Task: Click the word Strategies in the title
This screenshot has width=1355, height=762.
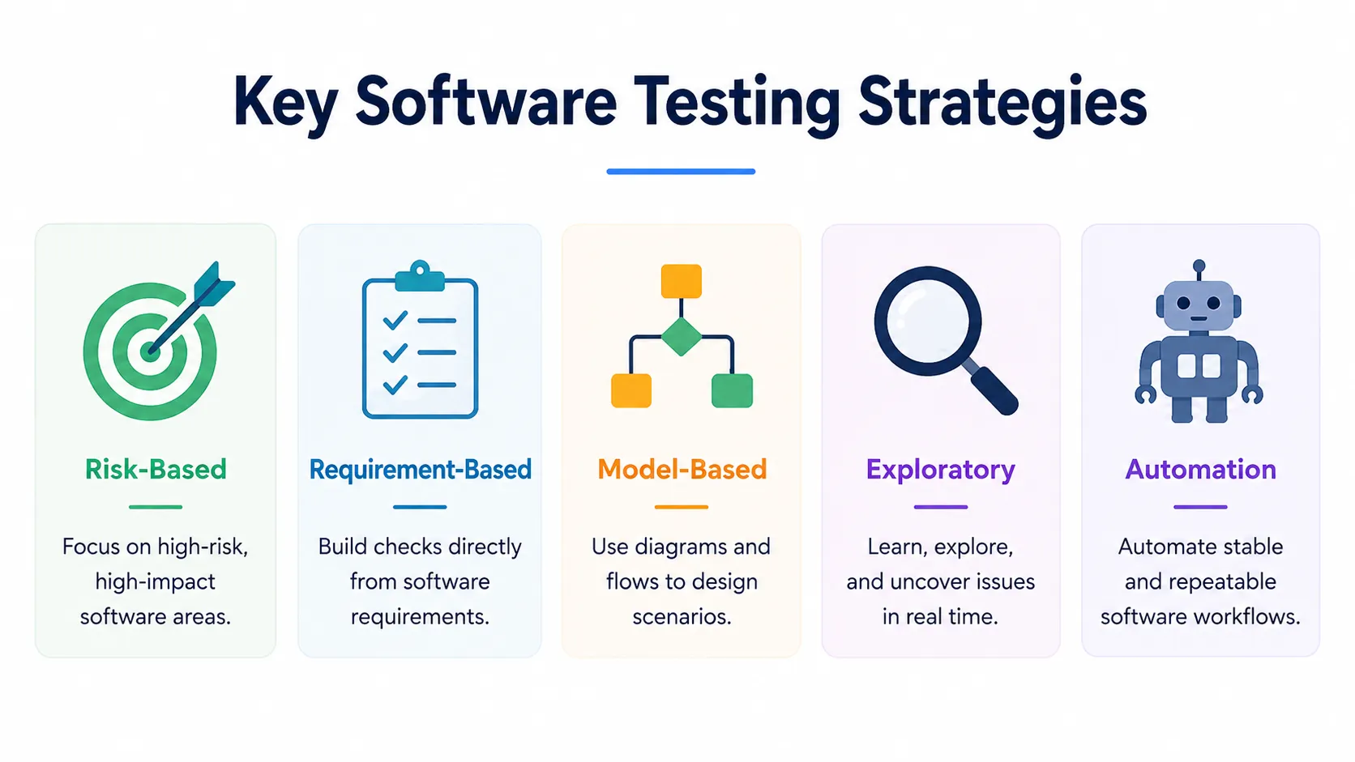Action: (1002, 103)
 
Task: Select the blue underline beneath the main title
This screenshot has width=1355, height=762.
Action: (681, 172)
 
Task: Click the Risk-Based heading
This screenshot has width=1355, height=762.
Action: (156, 470)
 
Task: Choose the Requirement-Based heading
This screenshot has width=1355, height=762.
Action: (420, 470)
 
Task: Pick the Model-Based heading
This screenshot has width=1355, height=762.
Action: (682, 470)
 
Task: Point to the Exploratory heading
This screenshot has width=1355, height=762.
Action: (941, 470)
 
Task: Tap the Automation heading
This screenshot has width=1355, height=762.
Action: (1200, 470)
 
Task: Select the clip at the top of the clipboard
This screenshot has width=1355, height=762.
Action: (420, 276)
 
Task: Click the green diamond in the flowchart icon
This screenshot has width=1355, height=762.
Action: (681, 337)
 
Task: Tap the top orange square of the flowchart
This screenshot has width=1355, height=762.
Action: (681, 281)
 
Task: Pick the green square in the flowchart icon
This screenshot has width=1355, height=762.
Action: (732, 390)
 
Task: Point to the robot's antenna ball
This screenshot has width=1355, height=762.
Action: (1199, 266)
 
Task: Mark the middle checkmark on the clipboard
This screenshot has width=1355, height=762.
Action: (395, 352)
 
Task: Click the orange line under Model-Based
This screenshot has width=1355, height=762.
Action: (681, 507)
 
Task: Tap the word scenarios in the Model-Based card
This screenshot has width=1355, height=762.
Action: (682, 617)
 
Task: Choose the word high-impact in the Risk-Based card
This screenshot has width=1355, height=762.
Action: (156, 582)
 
